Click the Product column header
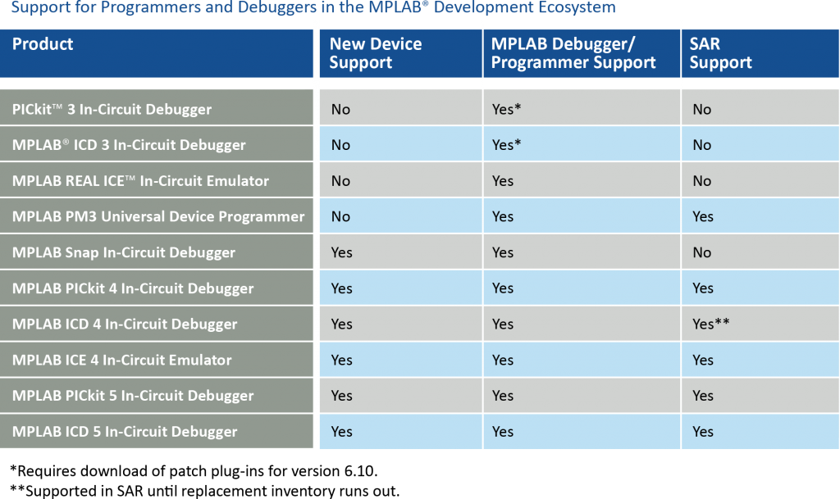(43, 44)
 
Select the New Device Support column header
(375, 53)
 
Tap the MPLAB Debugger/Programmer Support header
(573, 53)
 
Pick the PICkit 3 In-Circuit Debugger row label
(112, 109)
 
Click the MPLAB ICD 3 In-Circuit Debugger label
(129, 145)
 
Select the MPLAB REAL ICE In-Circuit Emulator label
(140, 181)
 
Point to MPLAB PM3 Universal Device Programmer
(158, 216)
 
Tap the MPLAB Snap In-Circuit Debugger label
(124, 252)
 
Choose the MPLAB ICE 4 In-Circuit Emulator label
(121, 360)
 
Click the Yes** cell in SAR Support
(710, 324)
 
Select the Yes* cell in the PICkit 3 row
(507, 109)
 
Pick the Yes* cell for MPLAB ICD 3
(507, 145)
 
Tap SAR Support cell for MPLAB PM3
(703, 216)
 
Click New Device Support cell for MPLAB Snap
(341, 252)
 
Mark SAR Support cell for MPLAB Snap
(701, 252)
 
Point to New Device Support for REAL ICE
(340, 181)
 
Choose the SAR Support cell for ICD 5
(703, 432)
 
